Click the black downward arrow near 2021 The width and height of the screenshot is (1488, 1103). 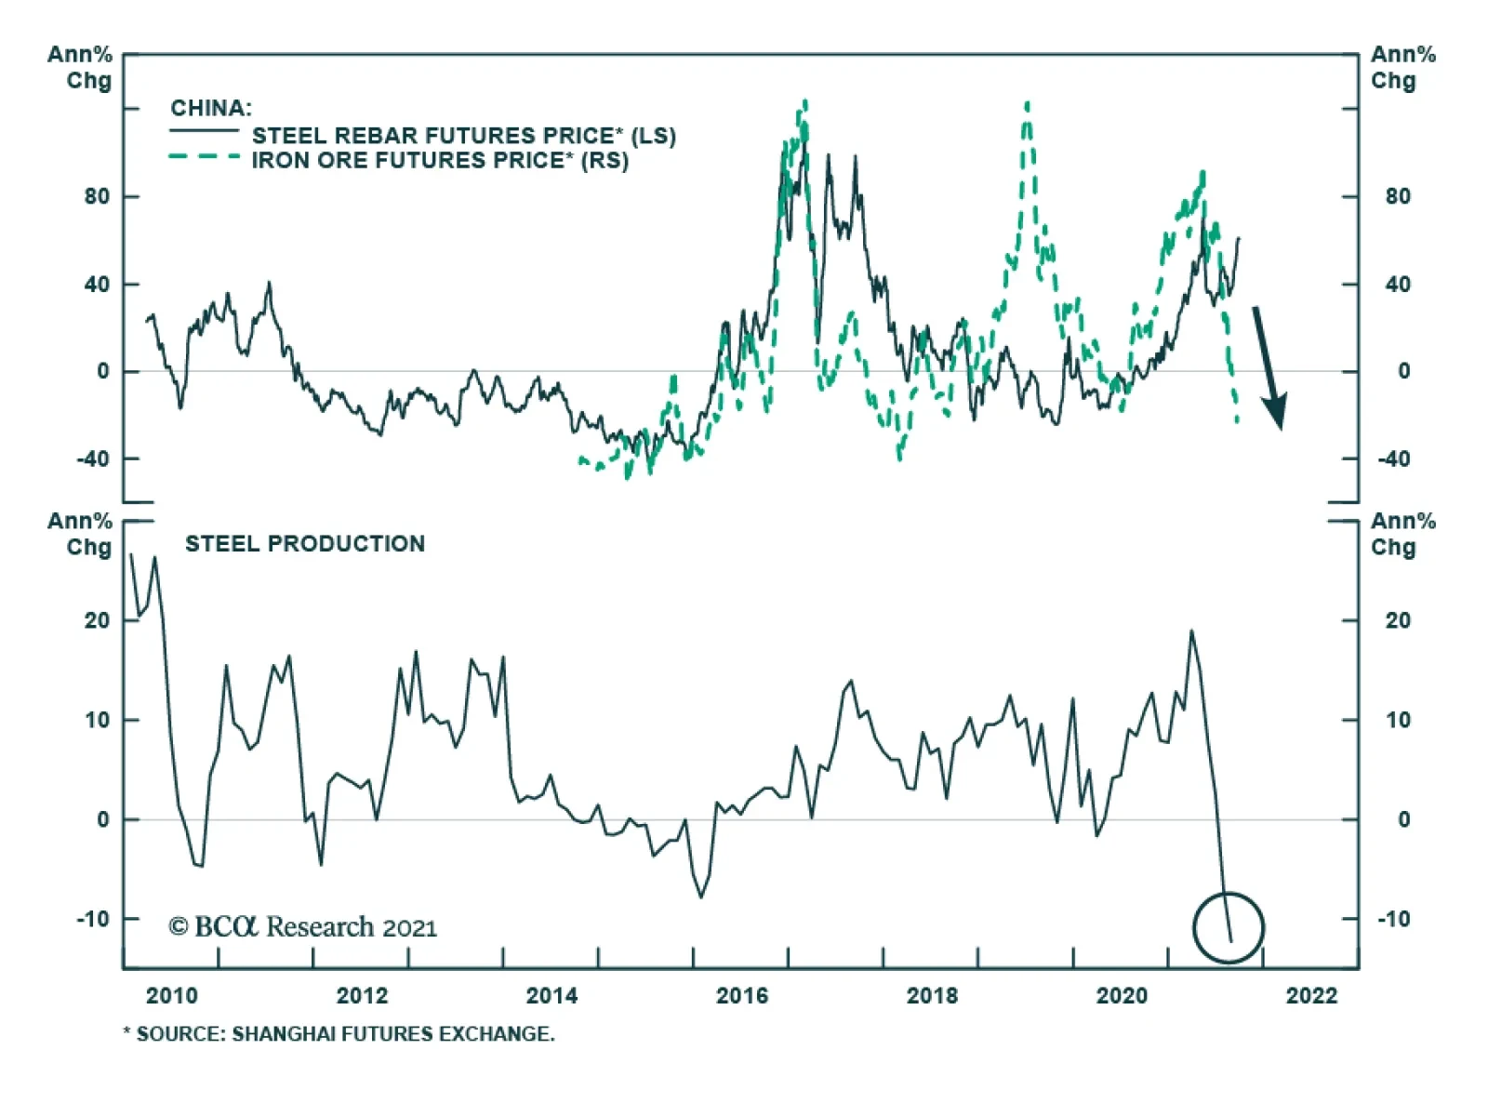pyautogui.click(x=1269, y=367)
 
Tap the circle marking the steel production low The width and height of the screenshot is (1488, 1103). pyautogui.click(x=1229, y=927)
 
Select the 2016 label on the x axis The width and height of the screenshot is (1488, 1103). pyautogui.click(x=742, y=996)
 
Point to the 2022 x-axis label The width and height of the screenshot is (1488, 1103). pyautogui.click(x=1311, y=996)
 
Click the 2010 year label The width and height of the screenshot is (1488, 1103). pyautogui.click(x=172, y=996)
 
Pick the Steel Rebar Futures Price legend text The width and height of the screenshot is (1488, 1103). pyautogui.click(x=463, y=136)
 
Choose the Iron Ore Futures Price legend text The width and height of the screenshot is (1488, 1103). pyautogui.click(x=440, y=161)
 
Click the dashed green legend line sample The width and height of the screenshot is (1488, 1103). pyautogui.click(x=205, y=157)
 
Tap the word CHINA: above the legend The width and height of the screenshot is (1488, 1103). pyautogui.click(x=211, y=108)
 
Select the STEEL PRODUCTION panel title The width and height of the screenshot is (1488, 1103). pyautogui.click(x=305, y=544)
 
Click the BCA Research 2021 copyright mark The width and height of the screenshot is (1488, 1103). pyautogui.click(x=302, y=927)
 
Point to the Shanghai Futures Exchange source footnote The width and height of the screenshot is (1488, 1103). pyautogui.click(x=339, y=1034)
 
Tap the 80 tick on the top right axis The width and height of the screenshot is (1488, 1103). pyautogui.click(x=1397, y=196)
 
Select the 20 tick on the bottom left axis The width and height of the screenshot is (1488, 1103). pyautogui.click(x=96, y=620)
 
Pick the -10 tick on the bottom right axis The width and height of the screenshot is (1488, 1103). pyautogui.click(x=1393, y=919)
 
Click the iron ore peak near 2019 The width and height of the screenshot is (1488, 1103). pyautogui.click(x=1027, y=104)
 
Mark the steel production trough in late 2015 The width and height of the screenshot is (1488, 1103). pyautogui.click(x=701, y=897)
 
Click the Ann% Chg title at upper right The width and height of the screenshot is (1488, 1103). pyautogui.click(x=1402, y=68)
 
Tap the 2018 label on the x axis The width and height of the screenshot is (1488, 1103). pyautogui.click(x=932, y=996)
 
